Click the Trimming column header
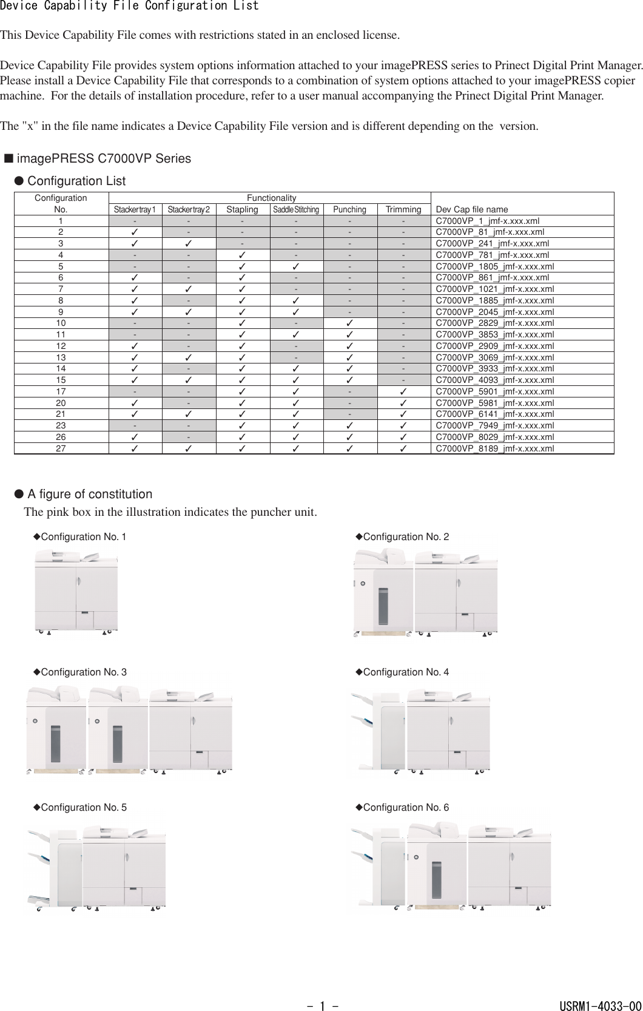coord(403,209)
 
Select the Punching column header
coord(349,209)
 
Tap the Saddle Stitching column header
coord(295,209)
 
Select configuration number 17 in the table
coord(61,391)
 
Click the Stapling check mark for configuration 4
coord(242,255)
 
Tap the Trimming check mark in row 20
coord(403,403)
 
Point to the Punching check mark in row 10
coord(349,323)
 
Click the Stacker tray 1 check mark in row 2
coord(135,232)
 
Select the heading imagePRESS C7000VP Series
coord(103,158)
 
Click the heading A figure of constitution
coord(90,494)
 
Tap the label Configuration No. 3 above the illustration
coord(84,672)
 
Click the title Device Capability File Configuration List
coord(129,6)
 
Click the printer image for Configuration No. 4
coord(419,731)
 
